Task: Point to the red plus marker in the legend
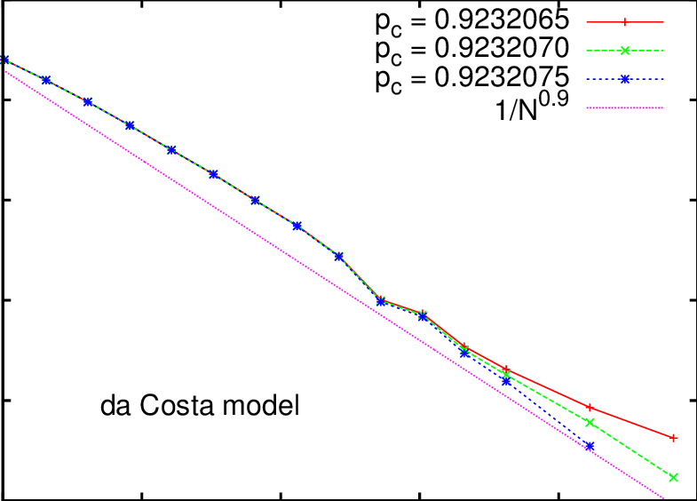pos(625,19)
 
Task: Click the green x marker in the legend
pos(625,49)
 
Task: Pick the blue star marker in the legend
pos(625,79)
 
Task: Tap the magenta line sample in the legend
pos(625,108)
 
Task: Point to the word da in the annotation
pos(113,408)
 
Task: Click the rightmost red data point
pos(674,438)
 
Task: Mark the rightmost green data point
pos(674,478)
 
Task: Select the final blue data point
pos(590,446)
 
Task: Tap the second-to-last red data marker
pos(590,407)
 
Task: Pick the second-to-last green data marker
pos(590,422)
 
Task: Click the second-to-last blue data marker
pos(506,381)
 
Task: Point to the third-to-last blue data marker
pos(464,354)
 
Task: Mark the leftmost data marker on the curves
pos(4,60)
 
